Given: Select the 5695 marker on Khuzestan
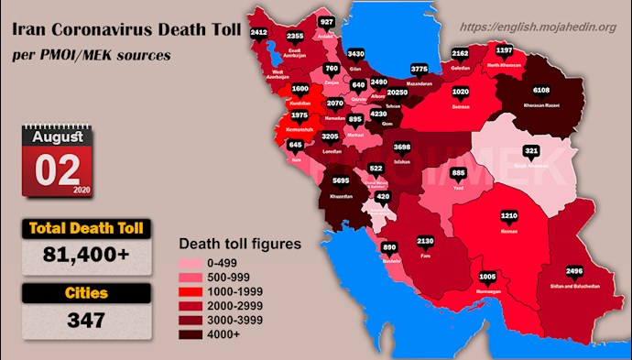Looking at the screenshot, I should [x=340, y=181].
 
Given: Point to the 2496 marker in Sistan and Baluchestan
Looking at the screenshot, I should [x=574, y=271].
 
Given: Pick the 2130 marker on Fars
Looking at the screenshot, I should [x=425, y=241].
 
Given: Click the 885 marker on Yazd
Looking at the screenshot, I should [x=459, y=173].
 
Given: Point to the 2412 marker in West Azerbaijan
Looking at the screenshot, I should [x=259, y=33].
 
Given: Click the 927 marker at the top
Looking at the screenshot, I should [x=327, y=22].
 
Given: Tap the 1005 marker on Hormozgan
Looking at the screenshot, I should [x=488, y=276].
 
